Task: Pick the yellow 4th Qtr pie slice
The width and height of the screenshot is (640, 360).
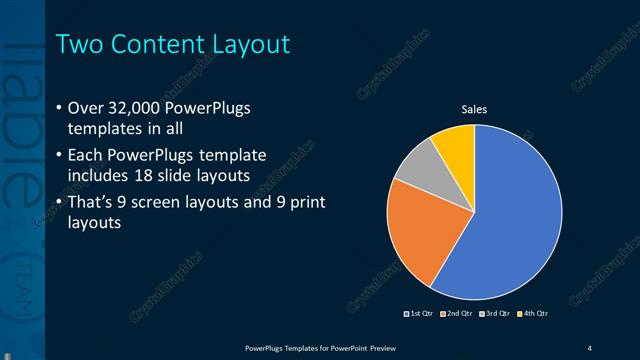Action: click(455, 142)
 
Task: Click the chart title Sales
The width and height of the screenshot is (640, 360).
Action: click(474, 108)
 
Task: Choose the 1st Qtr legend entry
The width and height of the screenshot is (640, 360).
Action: click(418, 314)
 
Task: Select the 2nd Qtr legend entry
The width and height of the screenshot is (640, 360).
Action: click(456, 314)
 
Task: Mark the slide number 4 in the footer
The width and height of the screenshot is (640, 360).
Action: click(589, 347)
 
